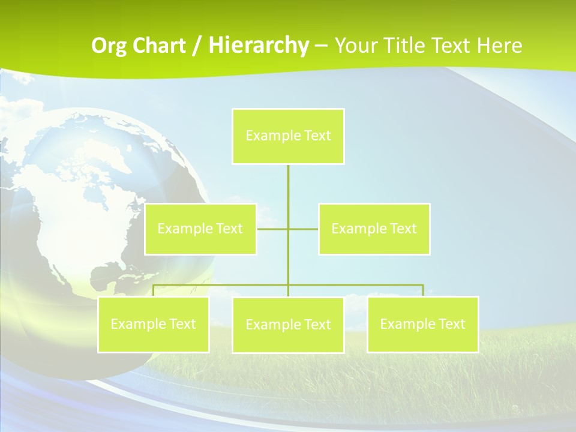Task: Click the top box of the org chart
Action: click(288, 136)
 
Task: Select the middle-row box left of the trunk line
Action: click(200, 229)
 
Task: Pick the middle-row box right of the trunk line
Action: click(374, 229)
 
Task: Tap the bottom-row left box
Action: click(154, 324)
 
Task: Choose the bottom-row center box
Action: click(288, 325)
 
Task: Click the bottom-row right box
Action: click(423, 324)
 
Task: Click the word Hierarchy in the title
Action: click(258, 46)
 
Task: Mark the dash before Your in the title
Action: click(321, 47)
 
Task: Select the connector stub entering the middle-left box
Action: click(272, 229)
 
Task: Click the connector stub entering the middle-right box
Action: click(304, 229)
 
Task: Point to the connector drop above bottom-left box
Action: click(154, 290)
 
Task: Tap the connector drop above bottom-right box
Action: click(423, 290)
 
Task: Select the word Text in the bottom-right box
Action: click(451, 324)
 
